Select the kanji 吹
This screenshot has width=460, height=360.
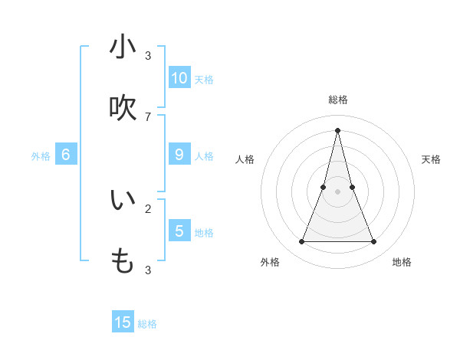pos(123,108)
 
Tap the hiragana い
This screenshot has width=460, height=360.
pos(123,200)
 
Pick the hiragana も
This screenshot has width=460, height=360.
pos(123,261)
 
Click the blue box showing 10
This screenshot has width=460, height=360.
pos(179,77)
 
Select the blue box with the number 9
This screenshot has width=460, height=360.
pos(179,154)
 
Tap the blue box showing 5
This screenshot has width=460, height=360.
pos(179,231)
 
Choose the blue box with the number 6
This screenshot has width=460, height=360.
pos(66,154)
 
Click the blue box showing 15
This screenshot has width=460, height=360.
pos(123,322)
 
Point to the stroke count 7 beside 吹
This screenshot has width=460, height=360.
pos(148,116)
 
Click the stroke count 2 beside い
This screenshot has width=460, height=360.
pos(148,208)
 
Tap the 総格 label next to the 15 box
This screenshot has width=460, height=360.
pos(147,324)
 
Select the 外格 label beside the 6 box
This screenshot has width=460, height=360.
pos(41,156)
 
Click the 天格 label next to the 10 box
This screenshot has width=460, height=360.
pos(204,80)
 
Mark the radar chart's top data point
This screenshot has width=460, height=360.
pos(337,129)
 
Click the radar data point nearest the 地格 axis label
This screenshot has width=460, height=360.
pos(374,242)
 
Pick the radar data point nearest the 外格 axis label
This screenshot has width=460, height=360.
pos(301,242)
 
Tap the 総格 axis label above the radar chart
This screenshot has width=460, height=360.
pos(338,100)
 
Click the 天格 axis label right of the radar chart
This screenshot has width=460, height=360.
pos(431,159)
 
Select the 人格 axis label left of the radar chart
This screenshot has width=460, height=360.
pos(245,159)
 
